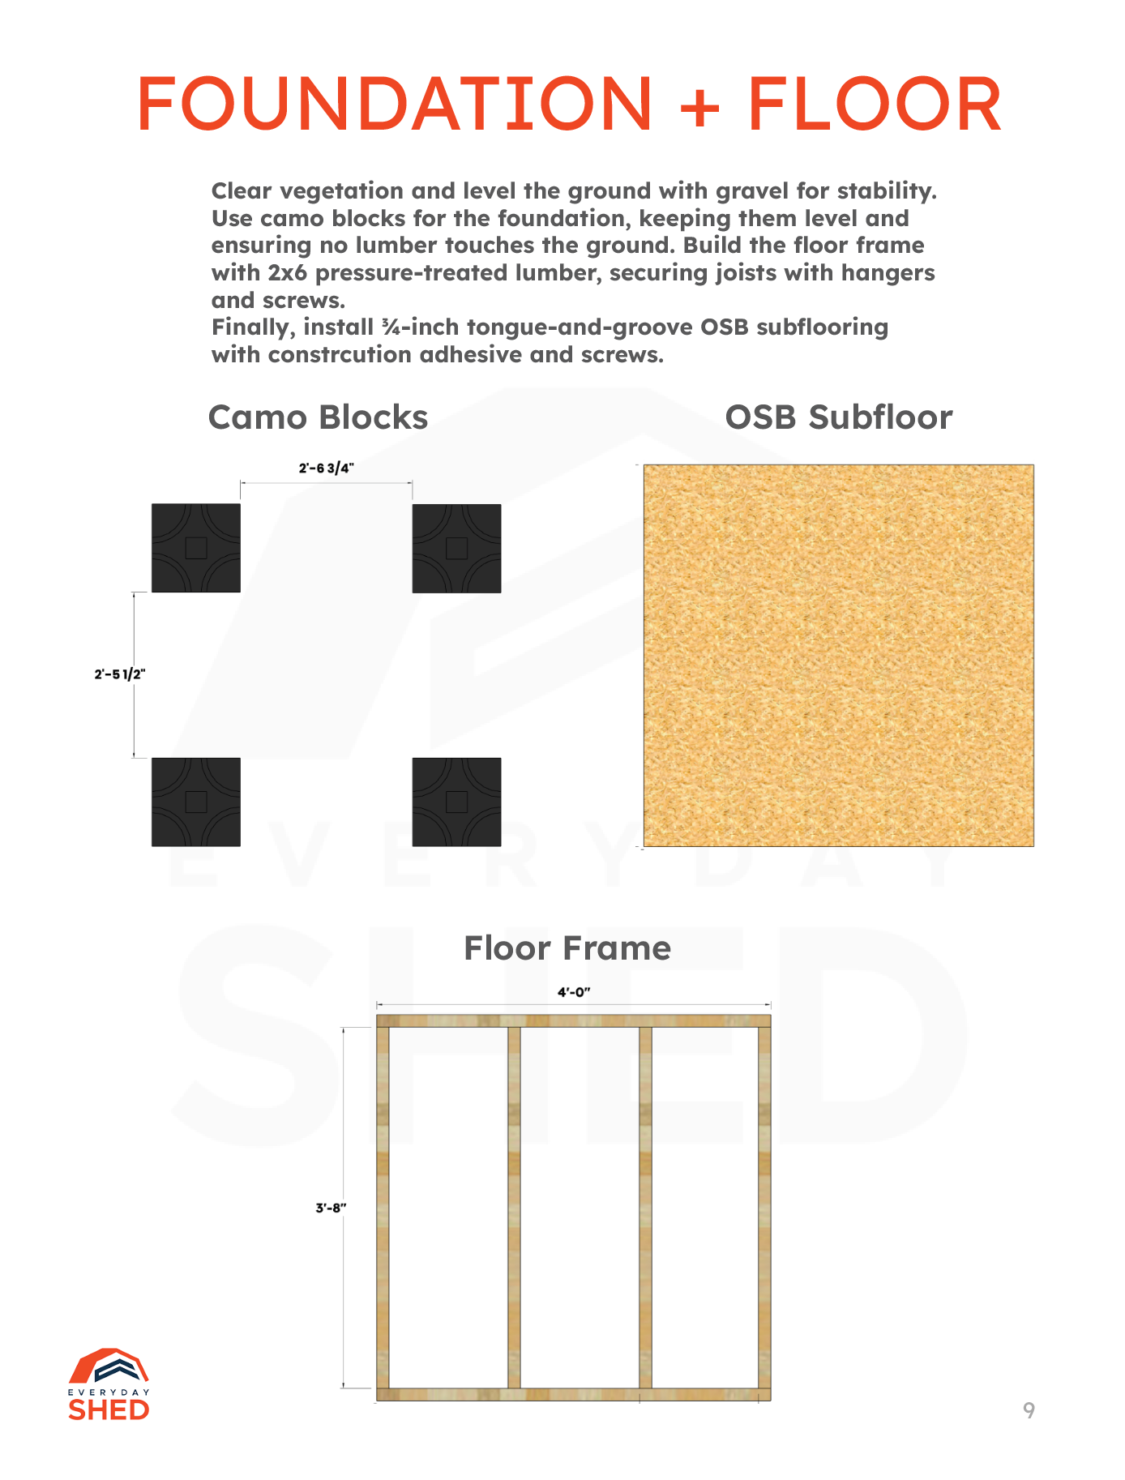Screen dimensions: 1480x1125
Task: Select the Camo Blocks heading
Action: click(x=318, y=417)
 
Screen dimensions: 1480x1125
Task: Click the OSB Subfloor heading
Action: click(x=838, y=417)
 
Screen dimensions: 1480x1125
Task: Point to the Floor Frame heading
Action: click(x=567, y=947)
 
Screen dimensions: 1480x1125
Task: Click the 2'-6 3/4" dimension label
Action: click(x=326, y=468)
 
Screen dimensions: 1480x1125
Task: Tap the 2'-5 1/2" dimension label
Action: click(x=119, y=674)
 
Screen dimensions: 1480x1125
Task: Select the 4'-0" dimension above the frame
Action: click(x=573, y=992)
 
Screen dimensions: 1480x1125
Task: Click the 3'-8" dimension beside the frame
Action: click(x=331, y=1208)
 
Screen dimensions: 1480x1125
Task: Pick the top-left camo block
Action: click(x=196, y=548)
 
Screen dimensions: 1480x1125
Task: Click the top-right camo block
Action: click(x=456, y=548)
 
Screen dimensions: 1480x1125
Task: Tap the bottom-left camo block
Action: click(x=196, y=802)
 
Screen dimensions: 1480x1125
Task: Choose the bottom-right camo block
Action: click(x=456, y=802)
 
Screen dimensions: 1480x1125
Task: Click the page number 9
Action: click(x=1029, y=1411)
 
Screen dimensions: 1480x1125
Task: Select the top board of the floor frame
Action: click(x=573, y=1021)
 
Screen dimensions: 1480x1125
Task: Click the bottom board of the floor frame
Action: click(x=573, y=1394)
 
